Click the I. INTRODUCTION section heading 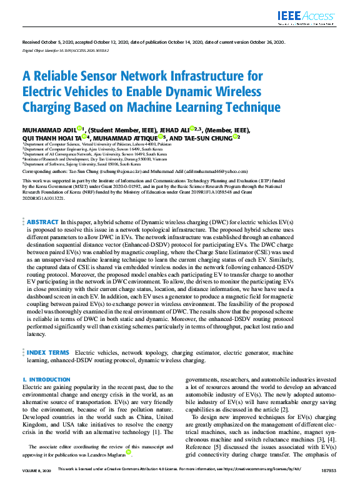point(46,380)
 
